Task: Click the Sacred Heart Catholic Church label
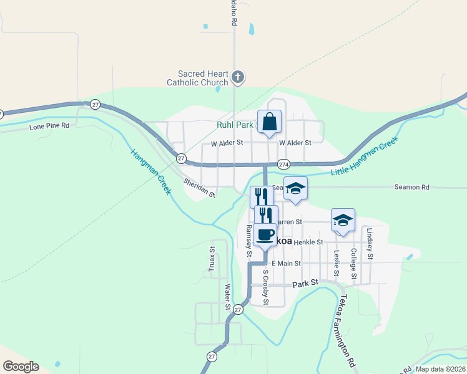(x=197, y=77)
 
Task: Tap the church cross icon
(x=237, y=77)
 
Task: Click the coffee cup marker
(x=265, y=235)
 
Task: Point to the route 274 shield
(x=283, y=164)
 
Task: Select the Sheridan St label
(x=199, y=188)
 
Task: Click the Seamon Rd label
(x=412, y=187)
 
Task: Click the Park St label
(x=306, y=283)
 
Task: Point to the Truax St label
(x=212, y=259)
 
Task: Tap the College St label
(x=353, y=263)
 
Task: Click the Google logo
(x=21, y=367)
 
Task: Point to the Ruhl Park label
(x=234, y=125)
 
